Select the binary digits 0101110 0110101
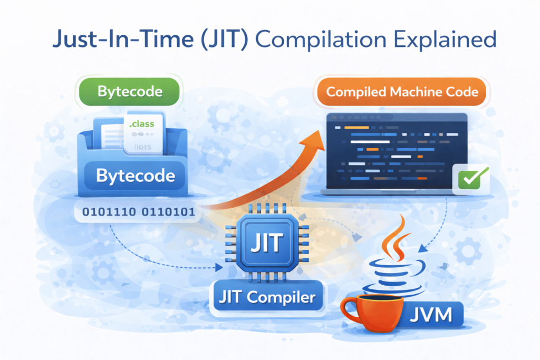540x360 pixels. [x=138, y=213]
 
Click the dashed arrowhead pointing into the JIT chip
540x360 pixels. [x=219, y=268]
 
